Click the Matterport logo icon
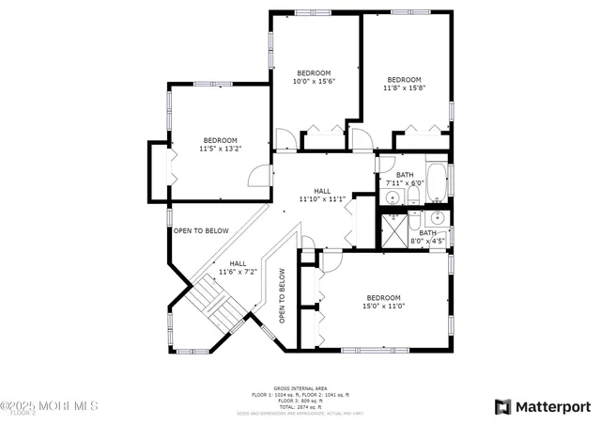point(502,406)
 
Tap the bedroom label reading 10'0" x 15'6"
point(314,77)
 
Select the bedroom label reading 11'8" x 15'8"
point(404,84)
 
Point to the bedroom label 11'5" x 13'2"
point(221,144)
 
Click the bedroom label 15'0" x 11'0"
point(383,302)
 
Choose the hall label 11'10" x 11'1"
point(322,195)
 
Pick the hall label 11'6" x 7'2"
point(239,268)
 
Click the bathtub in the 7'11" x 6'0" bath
point(438,181)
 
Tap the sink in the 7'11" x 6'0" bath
point(392,197)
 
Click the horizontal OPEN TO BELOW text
point(200,230)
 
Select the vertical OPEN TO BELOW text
point(281,301)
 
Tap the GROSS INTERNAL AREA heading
point(300,386)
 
